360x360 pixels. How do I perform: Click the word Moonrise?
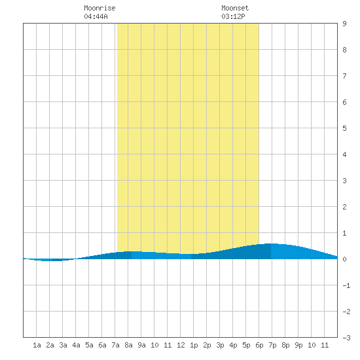click(99, 8)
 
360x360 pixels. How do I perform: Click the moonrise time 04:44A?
click(96, 16)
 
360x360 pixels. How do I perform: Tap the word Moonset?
click(235, 8)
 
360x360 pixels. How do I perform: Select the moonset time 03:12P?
click(233, 16)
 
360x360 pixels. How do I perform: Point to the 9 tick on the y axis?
click(344, 24)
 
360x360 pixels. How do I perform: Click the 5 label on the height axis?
click(344, 128)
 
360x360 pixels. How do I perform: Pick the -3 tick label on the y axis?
click(346, 338)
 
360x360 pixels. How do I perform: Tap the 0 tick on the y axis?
click(344, 259)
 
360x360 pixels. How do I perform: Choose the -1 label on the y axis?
click(346, 285)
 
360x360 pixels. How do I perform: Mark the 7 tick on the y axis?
click(344, 76)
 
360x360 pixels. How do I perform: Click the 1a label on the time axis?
click(37, 345)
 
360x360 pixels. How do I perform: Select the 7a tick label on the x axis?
click(115, 345)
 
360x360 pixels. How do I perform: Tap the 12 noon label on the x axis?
click(181, 345)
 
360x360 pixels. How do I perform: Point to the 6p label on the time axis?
click(259, 345)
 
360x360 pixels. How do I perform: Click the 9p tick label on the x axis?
click(298, 345)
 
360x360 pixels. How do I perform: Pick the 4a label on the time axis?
click(76, 345)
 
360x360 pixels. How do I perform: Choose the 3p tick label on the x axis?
click(220, 345)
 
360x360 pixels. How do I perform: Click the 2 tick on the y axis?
click(344, 207)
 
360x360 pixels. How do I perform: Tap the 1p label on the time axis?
click(194, 345)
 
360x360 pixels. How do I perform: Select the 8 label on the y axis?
click(344, 50)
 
